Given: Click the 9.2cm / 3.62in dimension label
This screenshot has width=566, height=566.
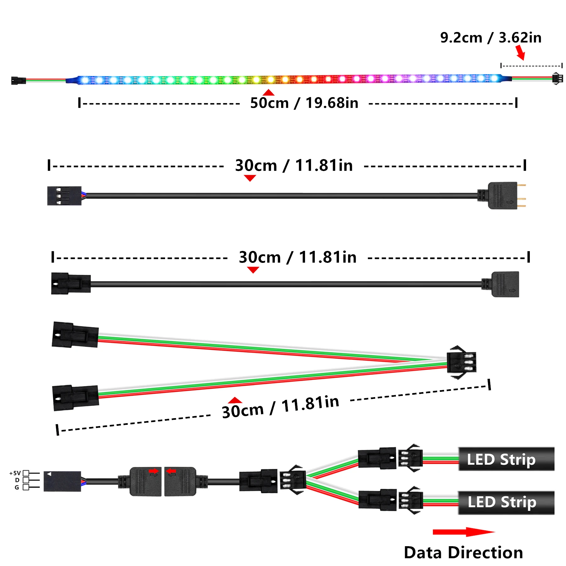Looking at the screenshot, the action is (x=491, y=38).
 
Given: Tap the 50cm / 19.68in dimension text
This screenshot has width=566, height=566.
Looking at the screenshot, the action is (x=304, y=103).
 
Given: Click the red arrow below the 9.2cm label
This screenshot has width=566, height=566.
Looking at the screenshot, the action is (x=520, y=53).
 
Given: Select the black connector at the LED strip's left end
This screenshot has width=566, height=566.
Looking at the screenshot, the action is (x=19, y=80).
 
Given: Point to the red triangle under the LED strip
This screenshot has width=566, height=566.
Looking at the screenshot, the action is (x=269, y=92).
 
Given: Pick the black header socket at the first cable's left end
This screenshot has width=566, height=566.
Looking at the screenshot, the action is (x=64, y=196).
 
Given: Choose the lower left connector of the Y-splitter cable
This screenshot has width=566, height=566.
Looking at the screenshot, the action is (x=75, y=398).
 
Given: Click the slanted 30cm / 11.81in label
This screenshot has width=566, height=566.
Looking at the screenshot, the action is (x=280, y=407).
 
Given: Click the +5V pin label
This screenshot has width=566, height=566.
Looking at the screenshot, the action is (x=15, y=473).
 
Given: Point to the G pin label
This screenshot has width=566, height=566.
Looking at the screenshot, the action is (x=17, y=487).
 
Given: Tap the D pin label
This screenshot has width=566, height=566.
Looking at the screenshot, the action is (x=17, y=480).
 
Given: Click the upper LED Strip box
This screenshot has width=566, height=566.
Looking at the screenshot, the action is (x=506, y=459).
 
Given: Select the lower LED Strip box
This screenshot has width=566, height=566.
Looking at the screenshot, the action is (x=506, y=502).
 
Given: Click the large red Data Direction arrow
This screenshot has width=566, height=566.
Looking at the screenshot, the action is (x=464, y=532).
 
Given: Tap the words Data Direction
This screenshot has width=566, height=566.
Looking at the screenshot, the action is (x=463, y=552).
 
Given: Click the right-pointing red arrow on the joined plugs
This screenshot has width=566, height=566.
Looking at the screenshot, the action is (x=154, y=471).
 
